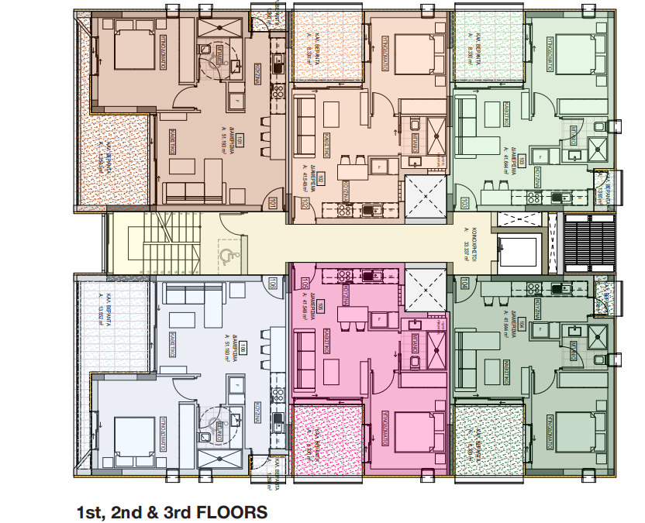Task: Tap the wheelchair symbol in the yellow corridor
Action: pos(226,253)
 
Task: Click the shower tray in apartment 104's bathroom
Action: pos(598,335)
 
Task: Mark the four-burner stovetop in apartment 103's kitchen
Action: pos(534,198)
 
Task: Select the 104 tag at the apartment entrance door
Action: pos(463,284)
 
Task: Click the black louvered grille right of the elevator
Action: pos(588,243)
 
